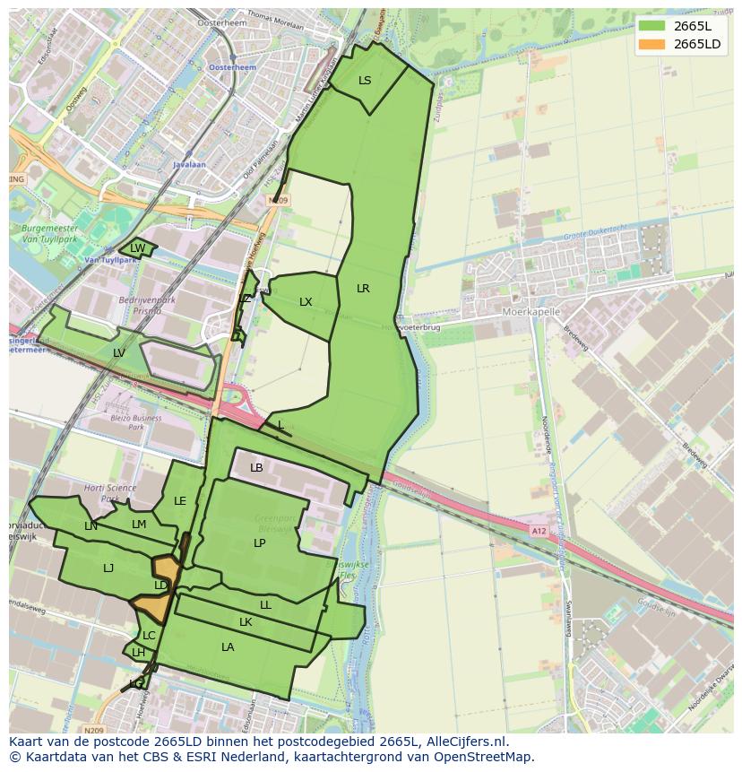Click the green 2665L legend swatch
(x=651, y=26)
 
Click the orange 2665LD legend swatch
(x=651, y=44)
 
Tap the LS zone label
(x=365, y=81)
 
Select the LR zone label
(x=363, y=289)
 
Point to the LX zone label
(x=306, y=302)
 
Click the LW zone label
(x=137, y=248)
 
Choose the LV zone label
(x=119, y=353)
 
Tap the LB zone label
(x=256, y=468)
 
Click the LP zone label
(x=259, y=543)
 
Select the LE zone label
(x=180, y=501)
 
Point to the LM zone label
(x=139, y=525)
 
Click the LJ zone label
(x=108, y=568)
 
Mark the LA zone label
(x=228, y=647)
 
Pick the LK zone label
(x=246, y=622)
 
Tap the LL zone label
(x=265, y=605)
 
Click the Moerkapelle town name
(x=531, y=312)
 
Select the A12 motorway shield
(x=538, y=531)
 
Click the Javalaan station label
(x=189, y=165)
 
